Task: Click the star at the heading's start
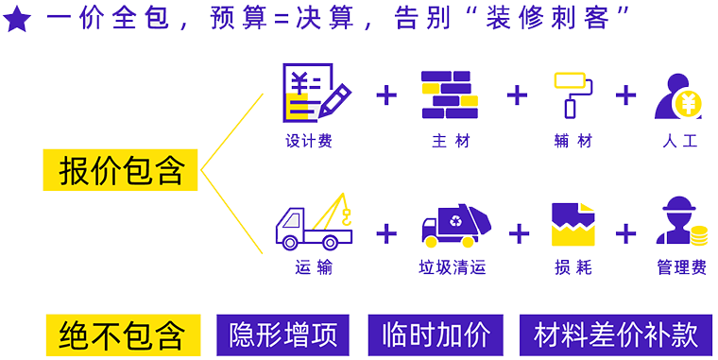[x=16, y=20]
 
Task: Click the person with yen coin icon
[x=679, y=95]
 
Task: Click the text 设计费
[x=308, y=142]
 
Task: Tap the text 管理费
[x=681, y=268]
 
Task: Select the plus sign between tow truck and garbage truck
[x=385, y=233]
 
